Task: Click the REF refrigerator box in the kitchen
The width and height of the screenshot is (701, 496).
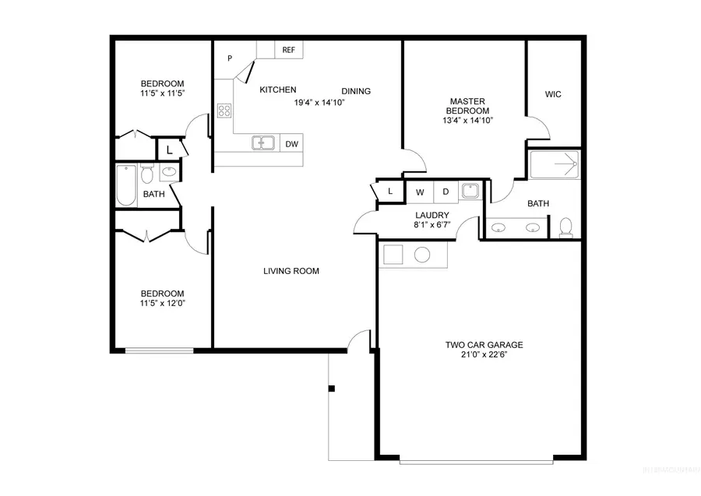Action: tap(289, 50)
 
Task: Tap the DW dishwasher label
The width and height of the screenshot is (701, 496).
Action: tap(291, 144)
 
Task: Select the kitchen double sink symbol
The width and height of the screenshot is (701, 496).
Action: tap(263, 142)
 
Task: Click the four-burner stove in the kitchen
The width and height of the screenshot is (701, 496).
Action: tap(224, 111)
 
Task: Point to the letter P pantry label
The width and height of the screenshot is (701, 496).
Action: tap(231, 58)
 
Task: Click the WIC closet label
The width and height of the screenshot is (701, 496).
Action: tap(553, 94)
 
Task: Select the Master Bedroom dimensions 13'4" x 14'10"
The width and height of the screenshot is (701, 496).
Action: tap(468, 121)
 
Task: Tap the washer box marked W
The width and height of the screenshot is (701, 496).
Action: tap(420, 192)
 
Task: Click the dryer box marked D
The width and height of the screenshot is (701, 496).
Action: tap(446, 192)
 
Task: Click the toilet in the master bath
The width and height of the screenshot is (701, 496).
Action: tap(566, 227)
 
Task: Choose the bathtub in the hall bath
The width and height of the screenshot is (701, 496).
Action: tap(126, 185)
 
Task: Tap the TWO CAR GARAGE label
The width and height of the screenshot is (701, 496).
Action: tap(484, 345)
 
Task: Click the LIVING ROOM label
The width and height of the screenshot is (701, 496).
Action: tap(291, 271)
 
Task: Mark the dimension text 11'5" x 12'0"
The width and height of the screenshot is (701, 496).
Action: tap(163, 304)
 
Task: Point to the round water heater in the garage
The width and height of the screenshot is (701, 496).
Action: tap(423, 255)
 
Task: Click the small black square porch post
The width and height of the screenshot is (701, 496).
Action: tap(331, 388)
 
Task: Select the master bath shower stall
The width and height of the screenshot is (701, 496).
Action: tap(555, 165)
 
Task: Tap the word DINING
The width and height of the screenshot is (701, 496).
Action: tap(356, 91)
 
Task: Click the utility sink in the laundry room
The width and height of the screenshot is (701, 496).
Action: tap(470, 191)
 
